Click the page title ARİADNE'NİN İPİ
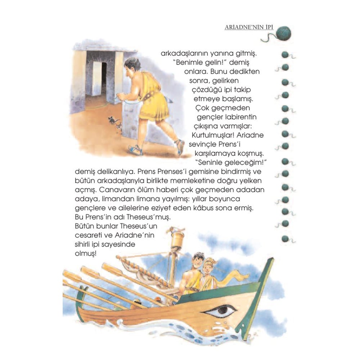click(249, 27)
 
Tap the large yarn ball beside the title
click(284, 33)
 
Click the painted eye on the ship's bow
click(220, 312)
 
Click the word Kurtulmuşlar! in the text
click(213, 135)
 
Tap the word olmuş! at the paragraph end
click(85, 254)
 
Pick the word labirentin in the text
click(241, 117)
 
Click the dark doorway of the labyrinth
click(104, 79)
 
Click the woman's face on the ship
click(208, 268)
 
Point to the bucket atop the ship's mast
click(176, 240)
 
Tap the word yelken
click(251, 181)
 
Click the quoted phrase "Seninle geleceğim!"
click(231, 163)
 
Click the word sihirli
click(82, 244)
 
